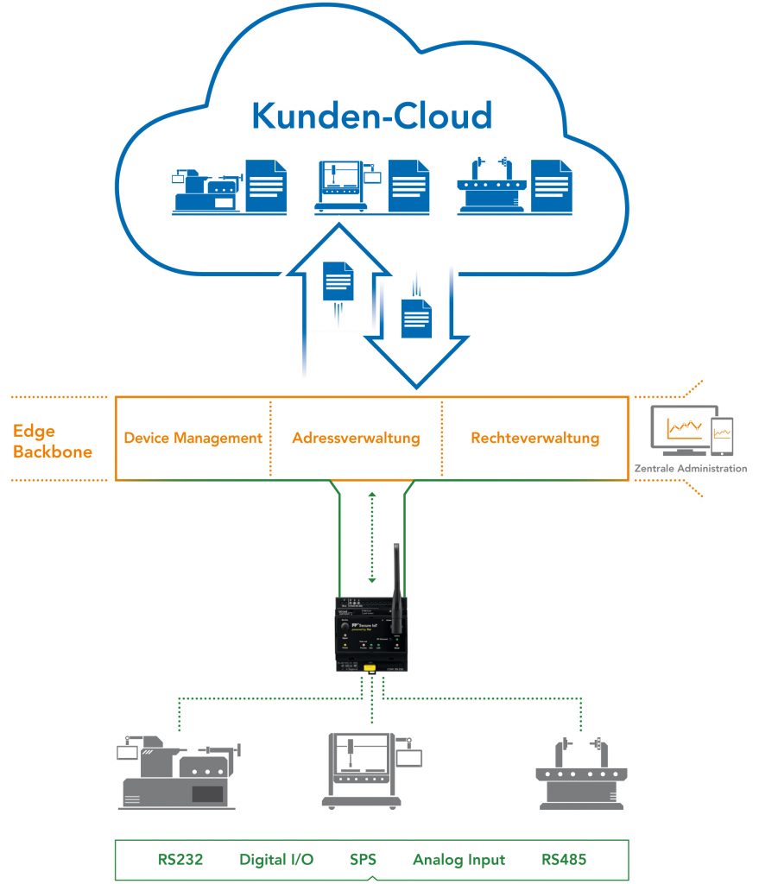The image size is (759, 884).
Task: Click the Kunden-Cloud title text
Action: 371,116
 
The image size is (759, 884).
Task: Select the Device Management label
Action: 193,438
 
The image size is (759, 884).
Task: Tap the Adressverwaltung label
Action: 356,438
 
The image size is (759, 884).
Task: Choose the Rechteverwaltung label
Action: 534,438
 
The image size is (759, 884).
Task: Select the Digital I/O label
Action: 276,859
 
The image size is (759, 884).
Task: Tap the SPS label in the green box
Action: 364,859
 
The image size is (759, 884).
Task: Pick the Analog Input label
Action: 459,859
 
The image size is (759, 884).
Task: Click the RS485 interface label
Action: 563,859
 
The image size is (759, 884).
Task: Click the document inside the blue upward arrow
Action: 338,281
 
